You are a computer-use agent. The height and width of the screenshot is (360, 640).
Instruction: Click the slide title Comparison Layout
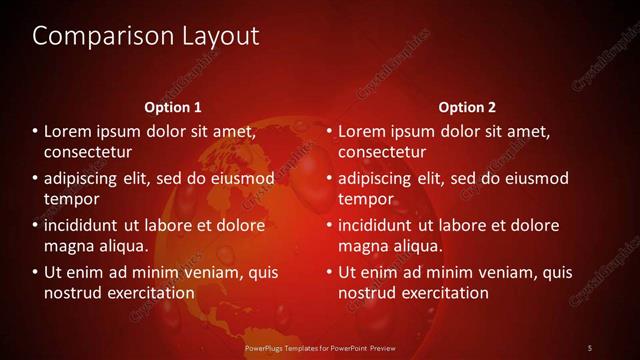click(146, 36)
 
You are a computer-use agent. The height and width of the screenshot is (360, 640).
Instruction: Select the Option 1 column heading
click(173, 107)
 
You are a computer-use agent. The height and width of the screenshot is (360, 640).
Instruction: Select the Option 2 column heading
click(467, 107)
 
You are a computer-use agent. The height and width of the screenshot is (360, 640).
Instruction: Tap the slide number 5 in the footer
click(590, 346)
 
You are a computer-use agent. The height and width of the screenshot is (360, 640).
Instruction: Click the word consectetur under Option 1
click(88, 152)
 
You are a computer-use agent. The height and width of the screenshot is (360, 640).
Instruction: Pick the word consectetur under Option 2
click(382, 152)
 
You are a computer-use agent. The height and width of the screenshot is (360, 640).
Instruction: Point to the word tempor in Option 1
click(68, 199)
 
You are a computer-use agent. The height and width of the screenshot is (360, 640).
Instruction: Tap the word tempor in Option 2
click(362, 199)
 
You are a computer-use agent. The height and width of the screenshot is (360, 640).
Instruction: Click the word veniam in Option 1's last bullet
click(211, 272)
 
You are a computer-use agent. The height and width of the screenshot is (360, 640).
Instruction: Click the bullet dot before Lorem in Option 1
click(35, 131)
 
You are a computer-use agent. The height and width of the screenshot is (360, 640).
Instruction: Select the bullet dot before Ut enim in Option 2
click(329, 272)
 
